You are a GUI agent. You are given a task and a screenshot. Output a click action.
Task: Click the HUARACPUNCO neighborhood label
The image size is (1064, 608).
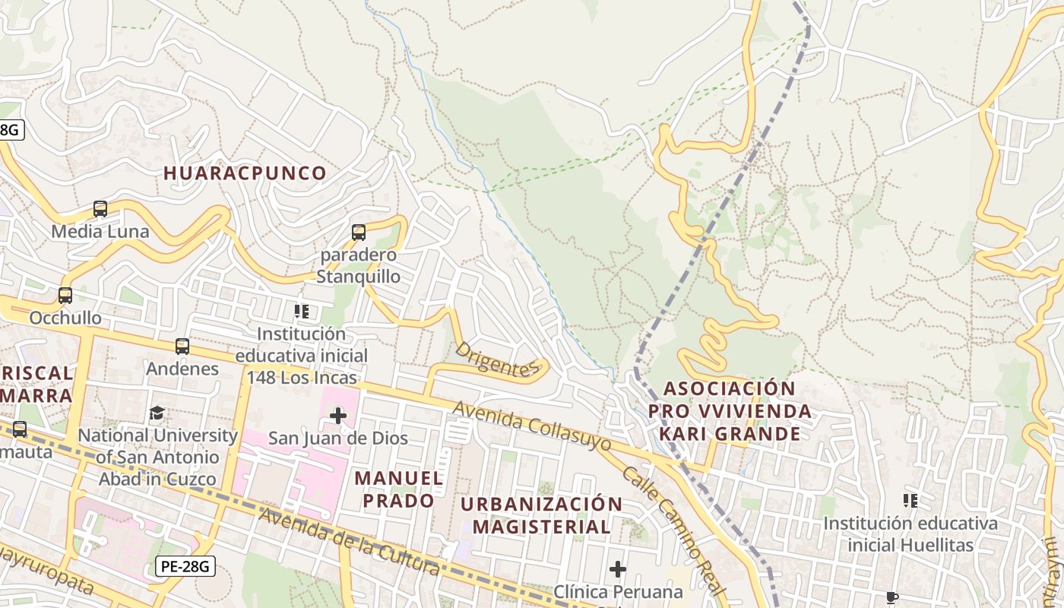[x=245, y=173]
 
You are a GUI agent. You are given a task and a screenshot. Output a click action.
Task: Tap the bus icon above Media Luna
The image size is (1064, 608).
[x=100, y=208]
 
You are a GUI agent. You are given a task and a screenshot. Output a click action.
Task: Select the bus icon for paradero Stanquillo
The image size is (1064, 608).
[x=359, y=233]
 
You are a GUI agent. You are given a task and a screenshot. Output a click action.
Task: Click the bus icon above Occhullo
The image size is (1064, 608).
[x=65, y=295]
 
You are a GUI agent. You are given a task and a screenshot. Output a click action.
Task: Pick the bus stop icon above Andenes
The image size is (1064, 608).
[x=182, y=347]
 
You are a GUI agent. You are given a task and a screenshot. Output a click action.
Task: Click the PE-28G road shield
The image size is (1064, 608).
[x=185, y=566]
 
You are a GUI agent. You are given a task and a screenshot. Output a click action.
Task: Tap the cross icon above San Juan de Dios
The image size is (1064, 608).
[x=338, y=415]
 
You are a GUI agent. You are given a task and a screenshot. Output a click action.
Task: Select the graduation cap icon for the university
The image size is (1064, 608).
[x=157, y=413]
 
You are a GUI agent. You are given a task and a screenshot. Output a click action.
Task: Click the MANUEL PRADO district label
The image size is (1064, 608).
[x=398, y=489]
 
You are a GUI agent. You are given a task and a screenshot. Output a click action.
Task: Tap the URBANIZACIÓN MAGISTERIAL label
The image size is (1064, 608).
[x=541, y=515]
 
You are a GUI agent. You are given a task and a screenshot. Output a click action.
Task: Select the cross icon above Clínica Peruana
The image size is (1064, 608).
[x=618, y=568]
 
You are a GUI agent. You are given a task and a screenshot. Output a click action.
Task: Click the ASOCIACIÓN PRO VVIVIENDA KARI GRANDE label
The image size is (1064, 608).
[x=730, y=411]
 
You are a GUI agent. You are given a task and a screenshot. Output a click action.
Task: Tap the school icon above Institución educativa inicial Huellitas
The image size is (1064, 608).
[x=910, y=500]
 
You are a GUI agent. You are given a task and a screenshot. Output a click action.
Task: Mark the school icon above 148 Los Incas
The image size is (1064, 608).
[x=302, y=312]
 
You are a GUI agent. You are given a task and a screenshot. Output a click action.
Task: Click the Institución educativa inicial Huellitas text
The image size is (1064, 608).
[x=910, y=534]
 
